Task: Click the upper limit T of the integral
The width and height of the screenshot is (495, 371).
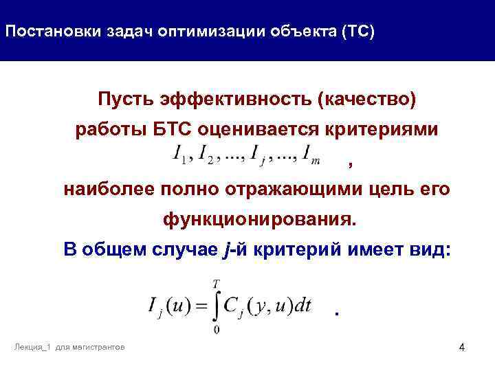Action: pyautogui.click(x=217, y=283)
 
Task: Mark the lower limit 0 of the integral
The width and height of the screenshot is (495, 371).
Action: pyautogui.click(x=217, y=331)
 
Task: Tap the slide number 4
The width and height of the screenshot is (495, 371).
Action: pyautogui.click(x=461, y=349)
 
